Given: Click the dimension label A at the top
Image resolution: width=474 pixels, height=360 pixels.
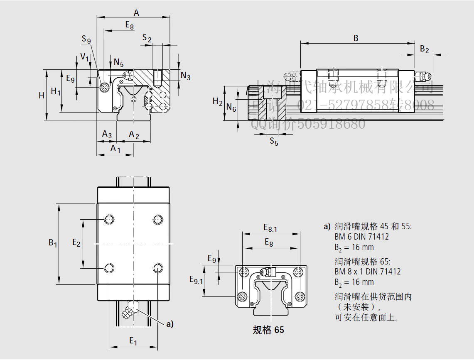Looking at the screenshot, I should [136, 13].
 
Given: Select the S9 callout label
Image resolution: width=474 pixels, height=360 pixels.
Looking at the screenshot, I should [86, 39].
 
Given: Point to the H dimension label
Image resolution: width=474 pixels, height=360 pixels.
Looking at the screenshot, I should [42, 96].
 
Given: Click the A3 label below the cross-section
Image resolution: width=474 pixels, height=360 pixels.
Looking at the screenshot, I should [107, 134].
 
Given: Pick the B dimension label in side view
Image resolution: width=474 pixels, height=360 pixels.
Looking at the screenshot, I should [356, 38].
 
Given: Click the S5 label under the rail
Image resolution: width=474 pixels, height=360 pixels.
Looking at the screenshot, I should [274, 141].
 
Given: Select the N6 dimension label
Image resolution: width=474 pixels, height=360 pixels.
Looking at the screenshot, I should [231, 108].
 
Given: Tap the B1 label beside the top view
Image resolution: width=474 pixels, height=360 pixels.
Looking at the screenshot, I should [53, 243].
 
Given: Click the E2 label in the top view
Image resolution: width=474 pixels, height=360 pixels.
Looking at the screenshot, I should [76, 242].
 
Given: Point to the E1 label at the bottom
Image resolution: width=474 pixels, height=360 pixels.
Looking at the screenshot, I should [133, 341].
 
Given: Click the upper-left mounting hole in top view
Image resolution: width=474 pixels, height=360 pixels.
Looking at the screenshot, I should [110, 220].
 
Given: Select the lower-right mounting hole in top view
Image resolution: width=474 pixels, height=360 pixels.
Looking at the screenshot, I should [157, 268].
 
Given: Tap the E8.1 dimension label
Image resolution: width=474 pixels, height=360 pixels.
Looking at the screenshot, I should [270, 227].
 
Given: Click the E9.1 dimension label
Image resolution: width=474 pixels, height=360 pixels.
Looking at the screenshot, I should [196, 280].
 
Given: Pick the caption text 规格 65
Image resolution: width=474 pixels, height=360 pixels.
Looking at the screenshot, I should [268, 330].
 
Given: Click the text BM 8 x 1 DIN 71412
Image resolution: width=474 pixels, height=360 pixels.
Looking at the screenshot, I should [367, 272].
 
